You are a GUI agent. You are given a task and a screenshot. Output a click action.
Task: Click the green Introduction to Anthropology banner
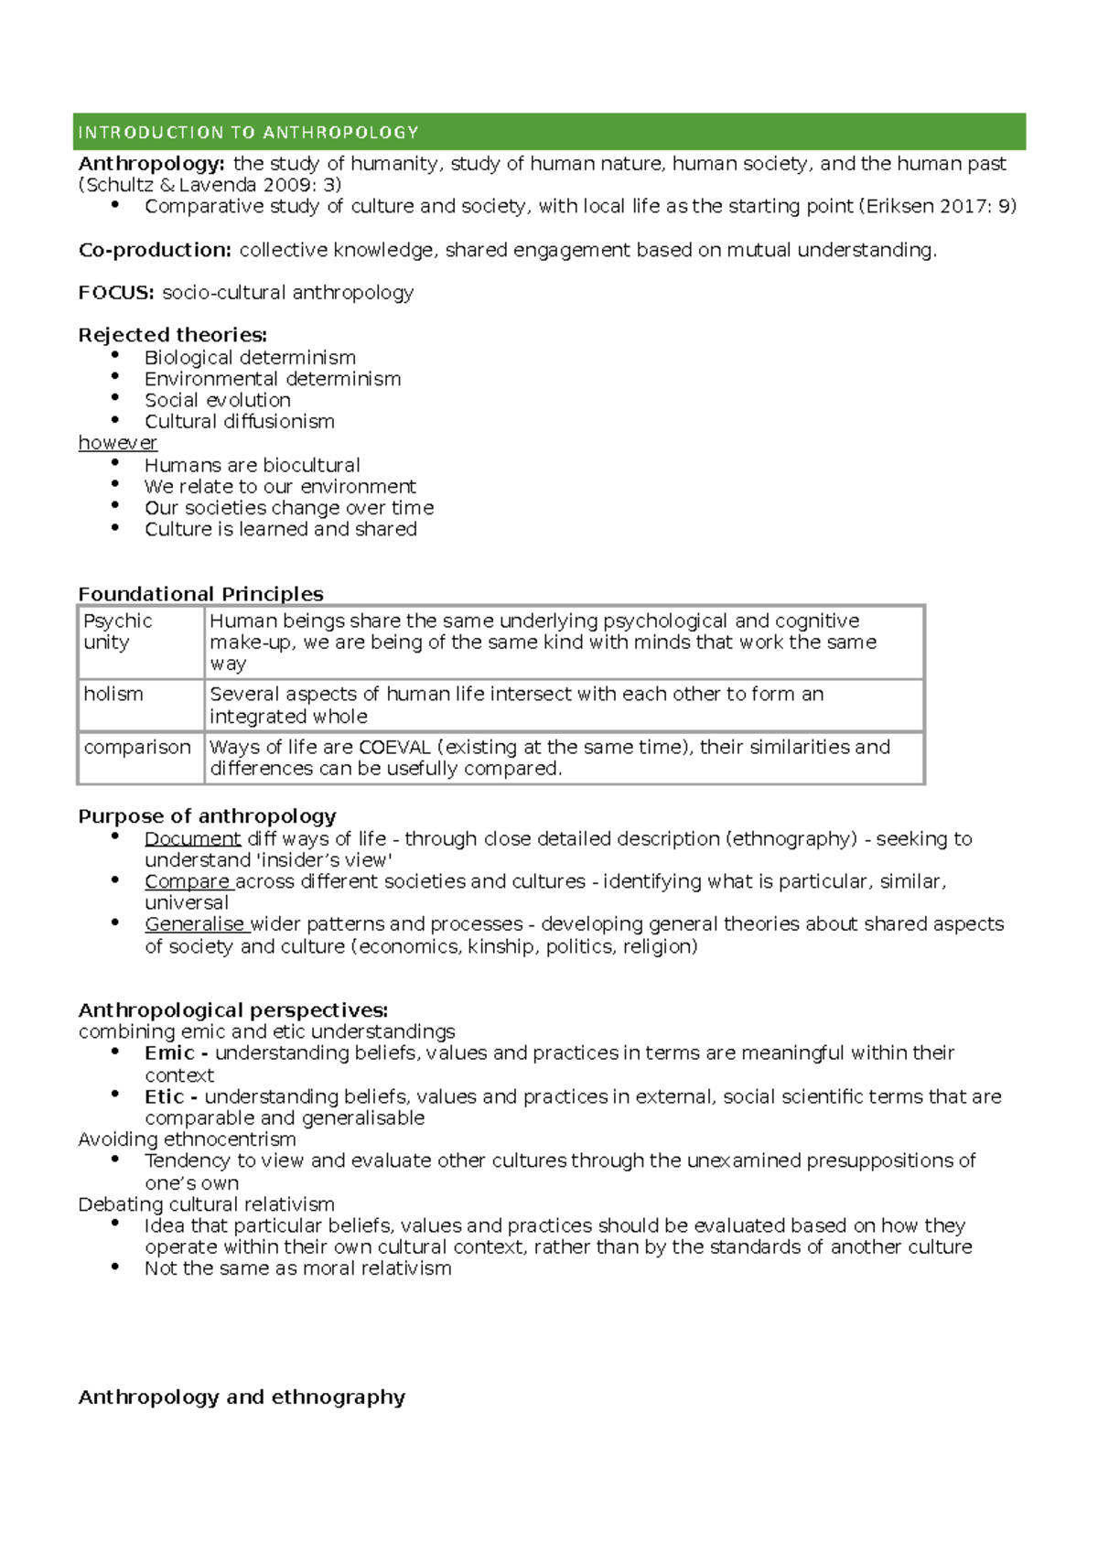tap(549, 132)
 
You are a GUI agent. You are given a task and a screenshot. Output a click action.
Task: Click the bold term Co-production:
tap(155, 250)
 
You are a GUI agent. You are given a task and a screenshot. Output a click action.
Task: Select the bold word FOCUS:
tap(116, 293)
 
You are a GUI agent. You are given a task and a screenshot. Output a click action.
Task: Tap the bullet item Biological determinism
tap(250, 358)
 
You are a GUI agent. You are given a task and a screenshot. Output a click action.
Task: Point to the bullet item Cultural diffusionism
tap(240, 422)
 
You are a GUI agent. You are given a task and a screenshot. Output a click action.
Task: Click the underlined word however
tap(117, 443)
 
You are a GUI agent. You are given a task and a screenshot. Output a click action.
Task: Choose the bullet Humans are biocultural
tap(252, 465)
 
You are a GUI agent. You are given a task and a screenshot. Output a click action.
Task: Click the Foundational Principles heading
tap(200, 594)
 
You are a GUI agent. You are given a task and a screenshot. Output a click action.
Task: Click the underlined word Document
tap(192, 839)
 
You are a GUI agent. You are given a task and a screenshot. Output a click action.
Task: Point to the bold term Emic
tap(169, 1053)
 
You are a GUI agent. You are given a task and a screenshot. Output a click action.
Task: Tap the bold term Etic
tap(165, 1096)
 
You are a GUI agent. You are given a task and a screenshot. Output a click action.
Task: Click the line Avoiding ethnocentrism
tap(187, 1139)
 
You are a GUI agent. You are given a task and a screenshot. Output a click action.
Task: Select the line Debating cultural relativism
tap(206, 1204)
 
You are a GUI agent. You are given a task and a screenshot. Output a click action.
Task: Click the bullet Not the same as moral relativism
tap(297, 1268)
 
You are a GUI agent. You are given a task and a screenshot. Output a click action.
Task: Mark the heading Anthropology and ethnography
tap(242, 1398)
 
